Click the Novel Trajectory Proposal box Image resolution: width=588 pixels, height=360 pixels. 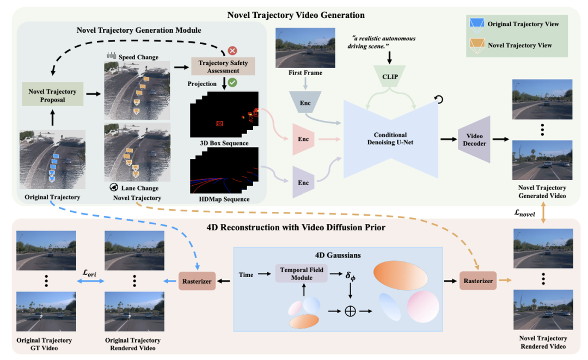tap(52, 95)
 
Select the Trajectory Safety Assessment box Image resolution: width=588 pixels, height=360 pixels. tap(223, 66)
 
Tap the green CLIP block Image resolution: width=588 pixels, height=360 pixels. tap(390, 76)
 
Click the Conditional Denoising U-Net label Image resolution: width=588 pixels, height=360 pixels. tap(390, 139)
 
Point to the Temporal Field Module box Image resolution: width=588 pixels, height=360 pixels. tap(301, 273)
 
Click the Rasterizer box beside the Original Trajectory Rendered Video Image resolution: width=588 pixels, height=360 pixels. tap(196, 280)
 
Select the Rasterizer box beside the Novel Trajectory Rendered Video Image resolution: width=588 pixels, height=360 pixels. tap(477, 280)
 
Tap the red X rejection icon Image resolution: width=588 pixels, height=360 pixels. tap(232, 50)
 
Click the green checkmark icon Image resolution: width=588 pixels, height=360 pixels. tap(232, 83)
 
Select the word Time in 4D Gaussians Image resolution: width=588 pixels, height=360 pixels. tap(246, 274)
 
